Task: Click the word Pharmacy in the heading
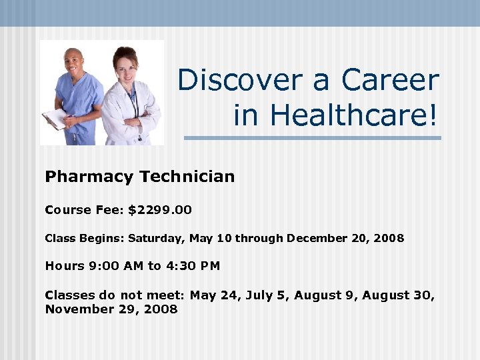point(89,177)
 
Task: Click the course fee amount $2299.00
point(160,210)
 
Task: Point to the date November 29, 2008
point(111,309)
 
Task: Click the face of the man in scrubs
point(74,61)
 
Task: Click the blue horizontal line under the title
point(312,138)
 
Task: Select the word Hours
point(65,266)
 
